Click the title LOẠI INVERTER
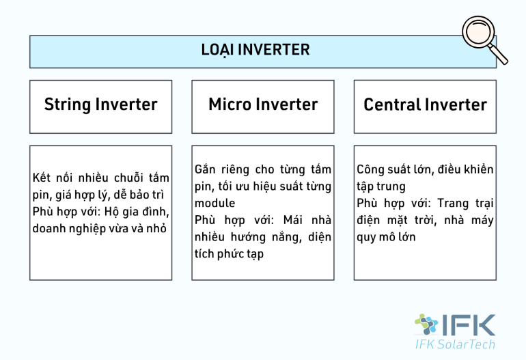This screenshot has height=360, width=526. pyautogui.click(x=255, y=50)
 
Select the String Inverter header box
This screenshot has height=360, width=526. pyautogui.click(x=100, y=106)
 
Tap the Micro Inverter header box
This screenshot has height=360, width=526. pyautogui.click(x=263, y=106)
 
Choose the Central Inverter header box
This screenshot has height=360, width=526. pyautogui.click(x=425, y=106)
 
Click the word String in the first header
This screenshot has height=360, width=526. pyautogui.click(x=67, y=105)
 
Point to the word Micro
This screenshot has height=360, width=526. pyautogui.click(x=230, y=105)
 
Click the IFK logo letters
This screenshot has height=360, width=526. pyautogui.click(x=471, y=325)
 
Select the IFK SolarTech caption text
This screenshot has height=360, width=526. pyautogui.click(x=455, y=344)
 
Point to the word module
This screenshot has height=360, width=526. pyautogui.click(x=214, y=203)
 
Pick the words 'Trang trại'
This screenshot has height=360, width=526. pyautogui.click(x=465, y=204)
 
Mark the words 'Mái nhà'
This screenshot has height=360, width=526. pyautogui.click(x=308, y=220)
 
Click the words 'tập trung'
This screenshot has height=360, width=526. pyautogui.click(x=381, y=186)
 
